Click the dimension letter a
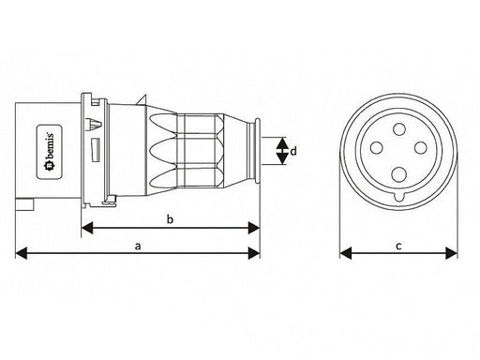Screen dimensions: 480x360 tap(138, 247)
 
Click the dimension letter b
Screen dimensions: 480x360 tap(170, 219)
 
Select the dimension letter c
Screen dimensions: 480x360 tap(398, 247)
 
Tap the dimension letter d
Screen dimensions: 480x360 tap(293, 151)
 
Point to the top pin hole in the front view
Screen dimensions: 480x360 tap(399, 129)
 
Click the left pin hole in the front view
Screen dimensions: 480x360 tap(377, 147)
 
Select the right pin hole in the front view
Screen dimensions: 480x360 tap(420, 147)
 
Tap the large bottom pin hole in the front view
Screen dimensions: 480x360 tap(399, 174)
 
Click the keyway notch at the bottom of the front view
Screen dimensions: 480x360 tap(399, 198)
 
